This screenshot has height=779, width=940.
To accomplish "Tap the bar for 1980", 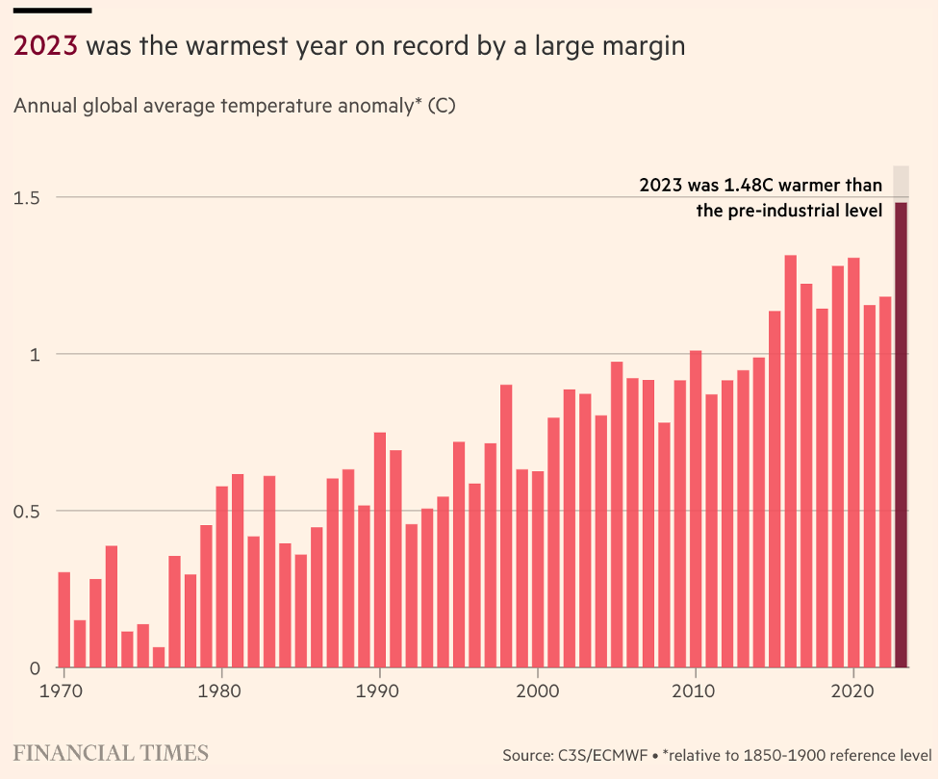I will pyautogui.click(x=222, y=577).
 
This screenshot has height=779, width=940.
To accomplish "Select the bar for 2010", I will pyautogui.click(x=696, y=509).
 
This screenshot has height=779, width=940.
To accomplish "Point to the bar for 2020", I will pyautogui.click(x=853, y=463).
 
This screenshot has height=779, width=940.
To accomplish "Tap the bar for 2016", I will pyautogui.click(x=790, y=462).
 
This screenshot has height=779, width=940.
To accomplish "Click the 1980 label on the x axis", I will pyautogui.click(x=222, y=691).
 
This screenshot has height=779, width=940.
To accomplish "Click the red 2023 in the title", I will pyautogui.click(x=45, y=46).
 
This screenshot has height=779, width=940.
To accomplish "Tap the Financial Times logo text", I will pyautogui.click(x=111, y=753).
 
